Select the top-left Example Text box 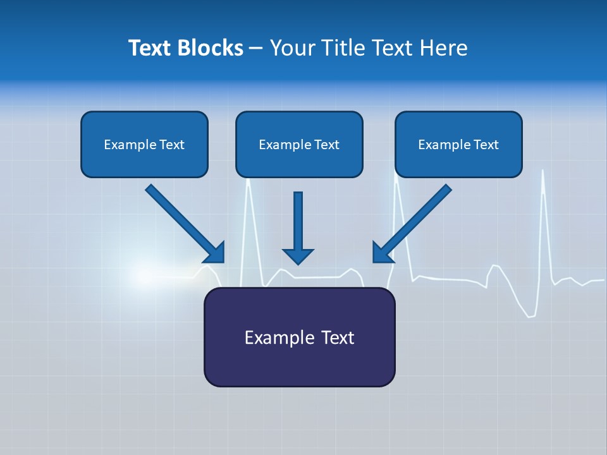(x=144, y=144)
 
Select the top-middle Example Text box (x=299, y=144)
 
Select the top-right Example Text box (x=458, y=144)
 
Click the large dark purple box (x=299, y=337)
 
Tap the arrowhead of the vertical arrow (x=298, y=255)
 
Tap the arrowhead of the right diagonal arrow (x=382, y=253)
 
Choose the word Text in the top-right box (x=486, y=145)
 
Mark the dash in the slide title (x=256, y=49)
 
